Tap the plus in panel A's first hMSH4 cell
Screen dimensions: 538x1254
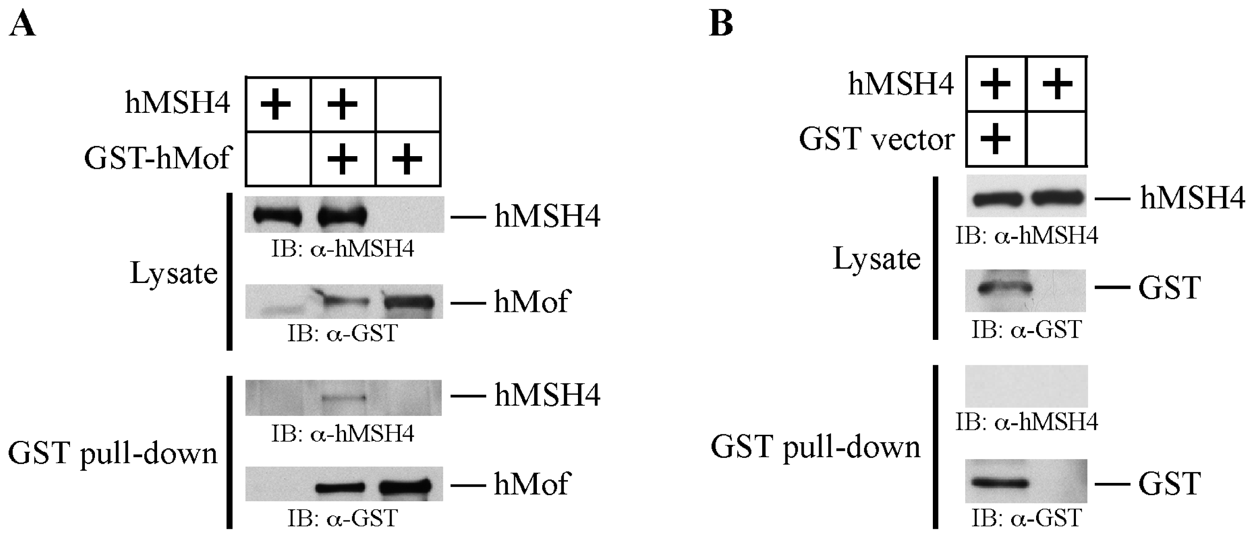276,104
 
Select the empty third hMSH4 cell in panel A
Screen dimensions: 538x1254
408,104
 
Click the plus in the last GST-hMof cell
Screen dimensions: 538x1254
407,159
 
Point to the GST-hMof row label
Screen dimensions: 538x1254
157,159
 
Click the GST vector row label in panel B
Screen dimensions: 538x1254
876,140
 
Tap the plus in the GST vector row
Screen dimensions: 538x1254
995,139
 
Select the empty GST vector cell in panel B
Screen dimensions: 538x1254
1056,139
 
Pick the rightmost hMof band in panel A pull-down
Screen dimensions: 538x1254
406,486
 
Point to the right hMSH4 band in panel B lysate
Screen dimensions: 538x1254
1058,199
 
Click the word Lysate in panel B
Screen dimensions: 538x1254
877,259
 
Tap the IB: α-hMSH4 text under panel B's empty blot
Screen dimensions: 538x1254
1026,422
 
